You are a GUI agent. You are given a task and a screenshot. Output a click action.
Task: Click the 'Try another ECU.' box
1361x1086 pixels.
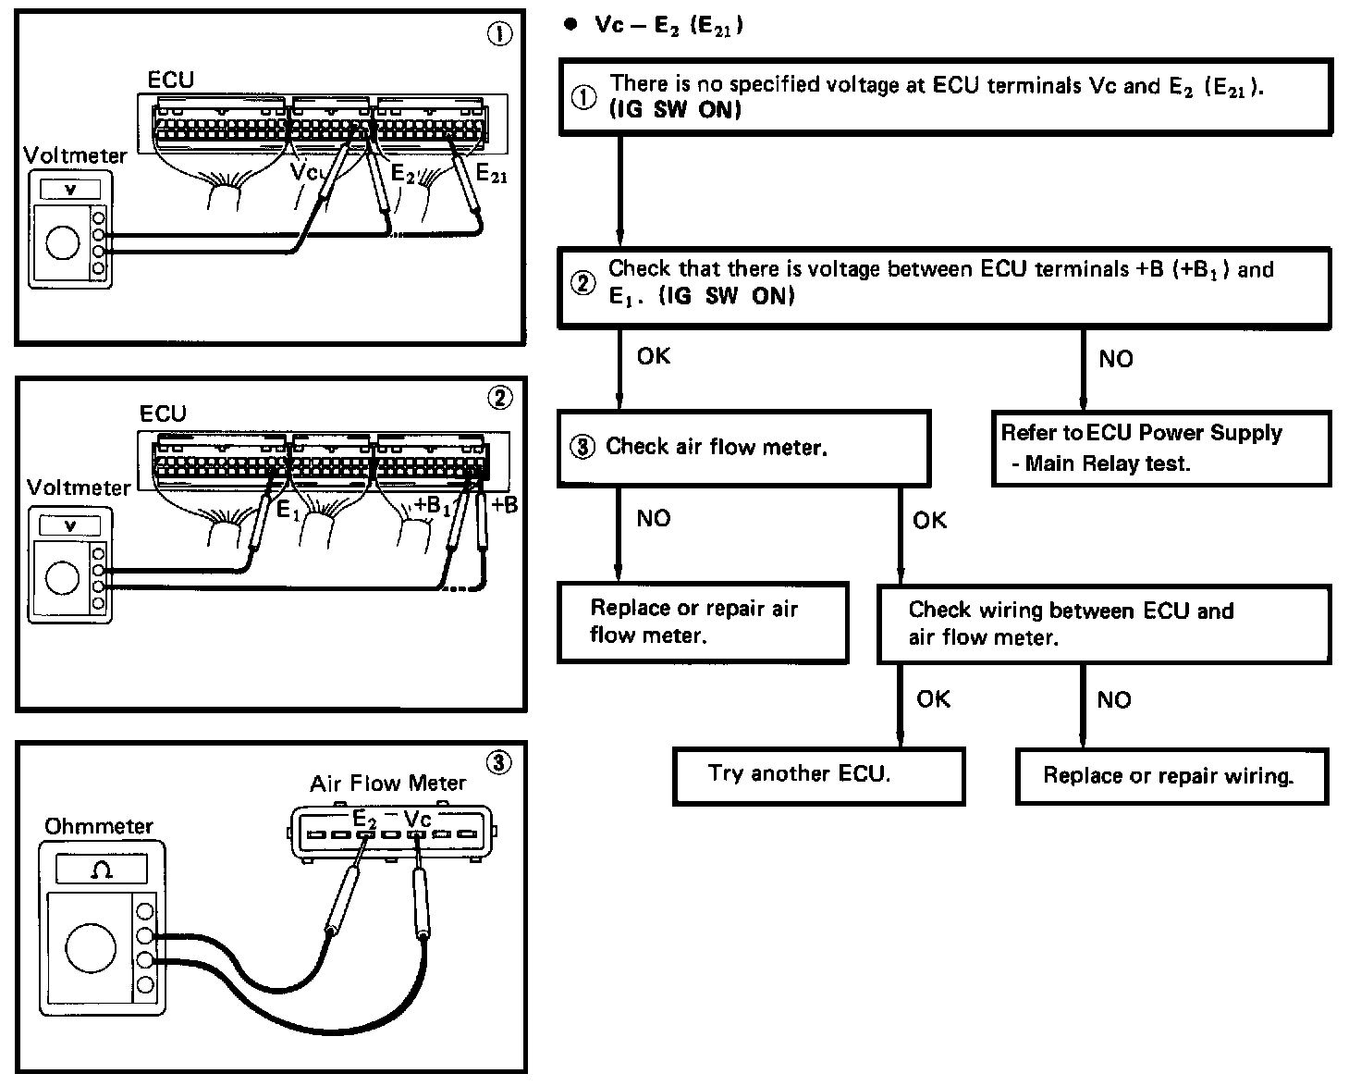coord(818,775)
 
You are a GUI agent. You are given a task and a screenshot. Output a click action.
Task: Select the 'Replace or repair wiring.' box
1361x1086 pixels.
coord(1171,775)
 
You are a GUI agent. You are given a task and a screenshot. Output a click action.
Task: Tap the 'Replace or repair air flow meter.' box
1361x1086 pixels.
coord(703,622)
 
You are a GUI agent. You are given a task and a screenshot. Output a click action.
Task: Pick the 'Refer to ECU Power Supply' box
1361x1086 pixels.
coord(1160,449)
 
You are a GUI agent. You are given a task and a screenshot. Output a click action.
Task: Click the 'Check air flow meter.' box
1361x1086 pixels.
coord(743,448)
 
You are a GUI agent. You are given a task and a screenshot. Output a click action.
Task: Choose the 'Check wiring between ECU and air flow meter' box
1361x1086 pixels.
coord(1104,623)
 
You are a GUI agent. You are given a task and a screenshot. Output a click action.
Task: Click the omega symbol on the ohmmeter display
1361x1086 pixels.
coord(102,870)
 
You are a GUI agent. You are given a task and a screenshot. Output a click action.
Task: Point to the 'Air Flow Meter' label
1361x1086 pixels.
coord(387,784)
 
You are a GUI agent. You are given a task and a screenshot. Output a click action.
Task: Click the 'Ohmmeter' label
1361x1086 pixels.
coord(98,826)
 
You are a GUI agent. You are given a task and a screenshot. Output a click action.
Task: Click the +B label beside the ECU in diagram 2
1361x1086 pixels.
coord(505,505)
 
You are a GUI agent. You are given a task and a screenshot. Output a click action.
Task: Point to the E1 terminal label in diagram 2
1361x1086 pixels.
coord(288,509)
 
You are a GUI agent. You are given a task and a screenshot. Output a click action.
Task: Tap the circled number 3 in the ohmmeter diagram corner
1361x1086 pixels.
coord(497,762)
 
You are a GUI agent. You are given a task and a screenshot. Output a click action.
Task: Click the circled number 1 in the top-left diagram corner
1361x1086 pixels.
coord(498,34)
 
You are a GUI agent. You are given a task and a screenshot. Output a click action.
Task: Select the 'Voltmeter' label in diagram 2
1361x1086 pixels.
coord(79,487)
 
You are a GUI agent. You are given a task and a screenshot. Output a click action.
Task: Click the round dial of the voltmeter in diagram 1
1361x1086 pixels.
coord(62,245)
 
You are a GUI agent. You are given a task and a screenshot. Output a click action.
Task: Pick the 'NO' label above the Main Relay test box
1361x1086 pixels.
coord(1115,359)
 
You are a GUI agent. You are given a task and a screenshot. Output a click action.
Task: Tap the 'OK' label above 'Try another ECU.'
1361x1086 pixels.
coord(933,698)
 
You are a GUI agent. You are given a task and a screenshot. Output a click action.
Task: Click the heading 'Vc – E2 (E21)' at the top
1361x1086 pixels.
coord(668,25)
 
